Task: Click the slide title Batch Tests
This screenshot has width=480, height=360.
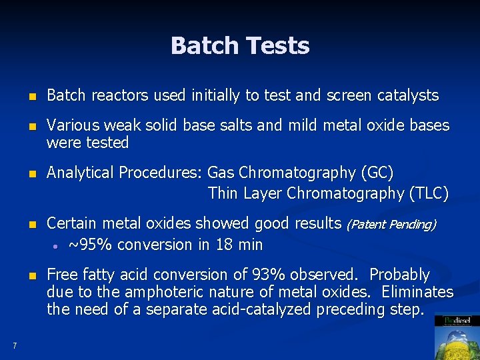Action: (240, 45)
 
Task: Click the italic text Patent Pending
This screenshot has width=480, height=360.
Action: (391, 225)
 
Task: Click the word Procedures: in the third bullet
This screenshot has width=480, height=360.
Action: (161, 173)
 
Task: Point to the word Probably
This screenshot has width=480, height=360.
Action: (399, 275)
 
